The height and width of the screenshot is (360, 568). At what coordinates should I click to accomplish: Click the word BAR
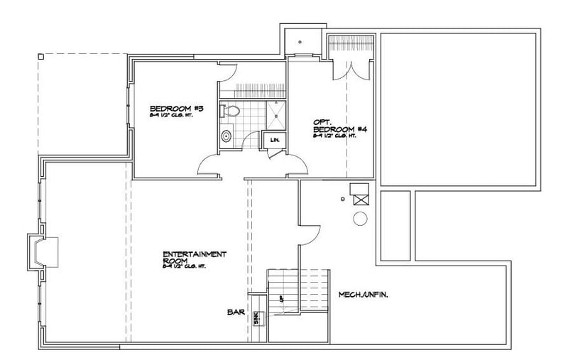pyautogui.click(x=236, y=312)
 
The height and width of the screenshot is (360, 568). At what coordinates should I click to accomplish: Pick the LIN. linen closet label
pyautogui.click(x=274, y=140)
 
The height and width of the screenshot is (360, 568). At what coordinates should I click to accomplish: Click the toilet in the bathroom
pyautogui.click(x=229, y=111)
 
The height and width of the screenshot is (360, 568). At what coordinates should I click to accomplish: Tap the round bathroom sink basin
pyautogui.click(x=226, y=136)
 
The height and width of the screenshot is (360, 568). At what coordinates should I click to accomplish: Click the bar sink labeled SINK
pyautogui.click(x=256, y=320)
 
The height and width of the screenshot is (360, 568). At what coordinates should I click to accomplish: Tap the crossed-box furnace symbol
pyautogui.click(x=359, y=192)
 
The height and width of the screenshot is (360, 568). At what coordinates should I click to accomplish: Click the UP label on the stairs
pyautogui.click(x=281, y=298)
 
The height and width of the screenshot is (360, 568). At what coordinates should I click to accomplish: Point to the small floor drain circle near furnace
pyautogui.click(x=342, y=198)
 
